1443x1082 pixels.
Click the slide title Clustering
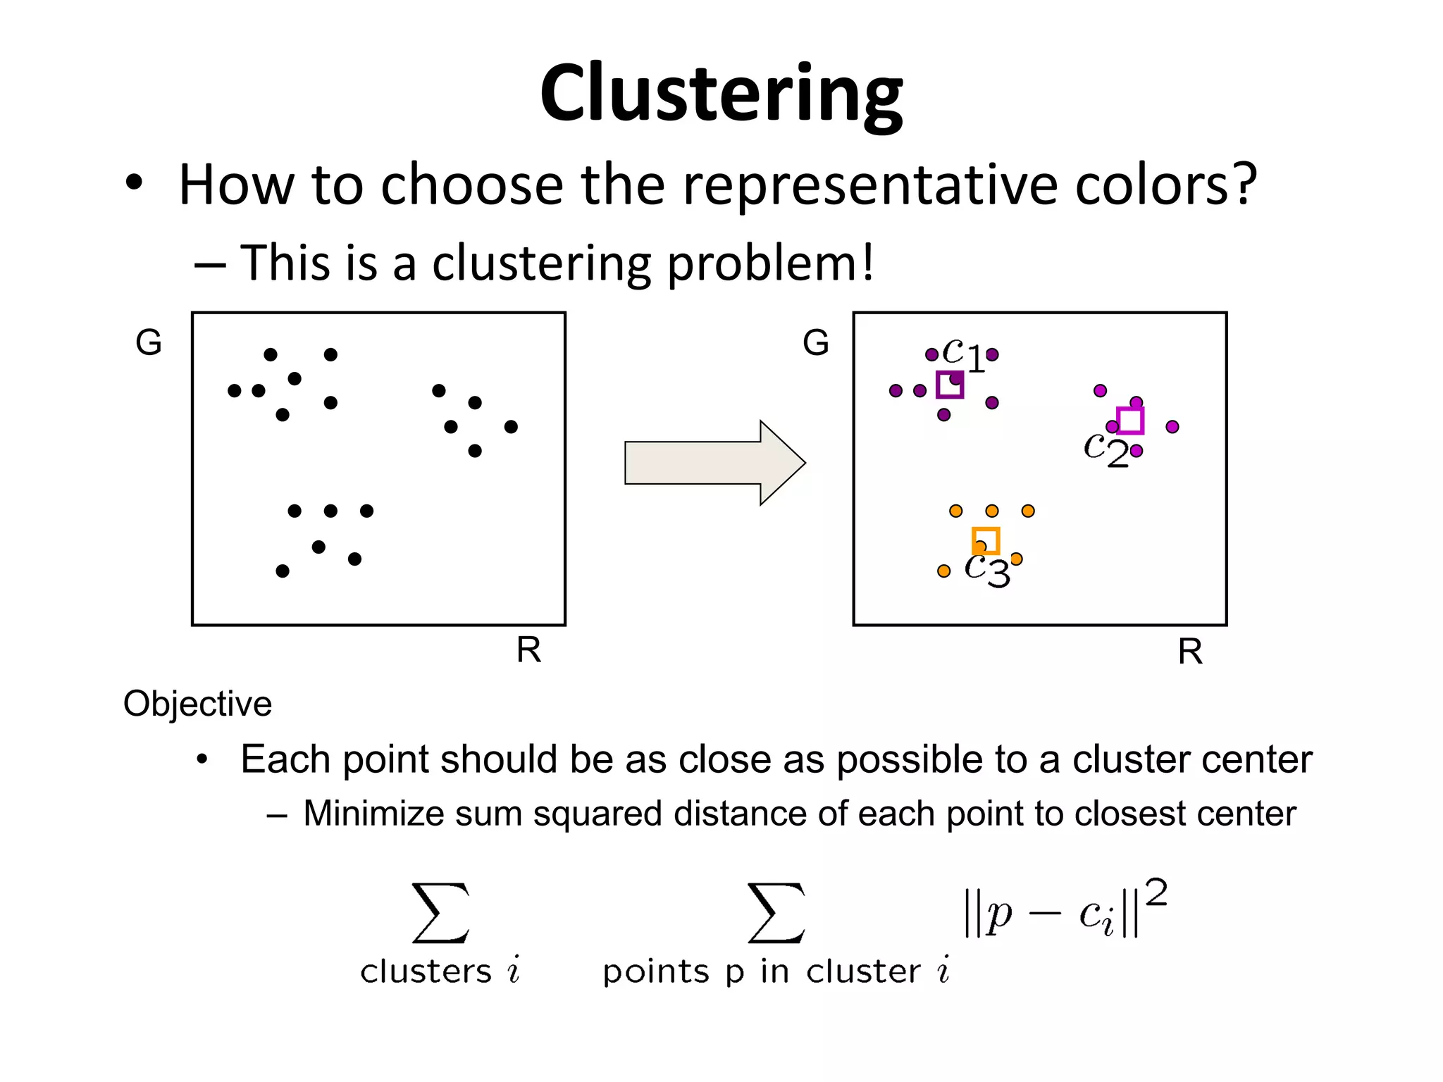[x=721, y=94]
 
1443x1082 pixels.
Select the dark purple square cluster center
[x=949, y=385]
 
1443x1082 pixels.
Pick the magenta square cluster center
[x=1130, y=421]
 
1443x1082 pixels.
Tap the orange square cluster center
[x=986, y=541]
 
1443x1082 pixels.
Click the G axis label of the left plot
[x=149, y=342]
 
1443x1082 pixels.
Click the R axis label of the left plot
[x=528, y=649]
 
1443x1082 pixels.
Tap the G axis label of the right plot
[x=816, y=342]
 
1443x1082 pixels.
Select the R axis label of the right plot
[x=1190, y=652]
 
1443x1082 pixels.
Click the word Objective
[x=197, y=704]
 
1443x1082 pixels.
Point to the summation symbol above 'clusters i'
[x=441, y=913]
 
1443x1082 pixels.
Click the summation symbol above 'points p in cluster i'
[x=776, y=913]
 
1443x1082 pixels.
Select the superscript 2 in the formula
[x=1156, y=893]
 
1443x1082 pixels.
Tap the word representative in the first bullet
[x=871, y=185]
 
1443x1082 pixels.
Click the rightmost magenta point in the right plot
[x=1172, y=427]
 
